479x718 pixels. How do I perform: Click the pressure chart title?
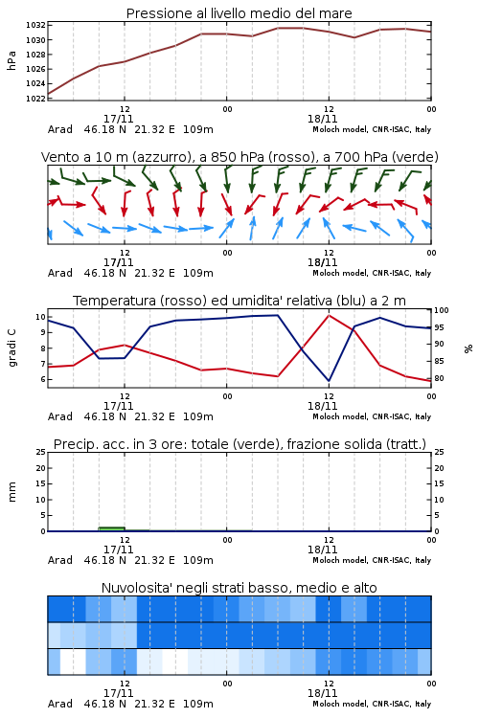tap(239, 13)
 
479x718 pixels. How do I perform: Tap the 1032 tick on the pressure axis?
tap(35, 25)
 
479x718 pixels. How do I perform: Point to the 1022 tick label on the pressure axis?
tap(35, 98)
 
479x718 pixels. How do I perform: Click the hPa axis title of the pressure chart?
tap(11, 60)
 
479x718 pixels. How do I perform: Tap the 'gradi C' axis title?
tap(11, 348)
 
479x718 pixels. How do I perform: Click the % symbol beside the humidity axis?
tap(468, 348)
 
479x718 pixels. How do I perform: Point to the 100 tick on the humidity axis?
tap(442, 310)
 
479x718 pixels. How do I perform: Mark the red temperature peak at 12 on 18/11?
tap(329, 315)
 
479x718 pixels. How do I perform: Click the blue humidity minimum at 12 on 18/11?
tap(329, 380)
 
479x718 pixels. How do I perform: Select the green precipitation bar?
tap(111, 528)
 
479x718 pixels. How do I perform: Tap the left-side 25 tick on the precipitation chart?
tap(41, 452)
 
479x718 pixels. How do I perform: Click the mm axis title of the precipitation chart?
tap(11, 492)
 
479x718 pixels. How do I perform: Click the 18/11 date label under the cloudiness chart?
tap(322, 693)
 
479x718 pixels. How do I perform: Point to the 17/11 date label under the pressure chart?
tap(118, 119)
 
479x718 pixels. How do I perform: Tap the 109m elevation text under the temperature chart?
tap(198, 416)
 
